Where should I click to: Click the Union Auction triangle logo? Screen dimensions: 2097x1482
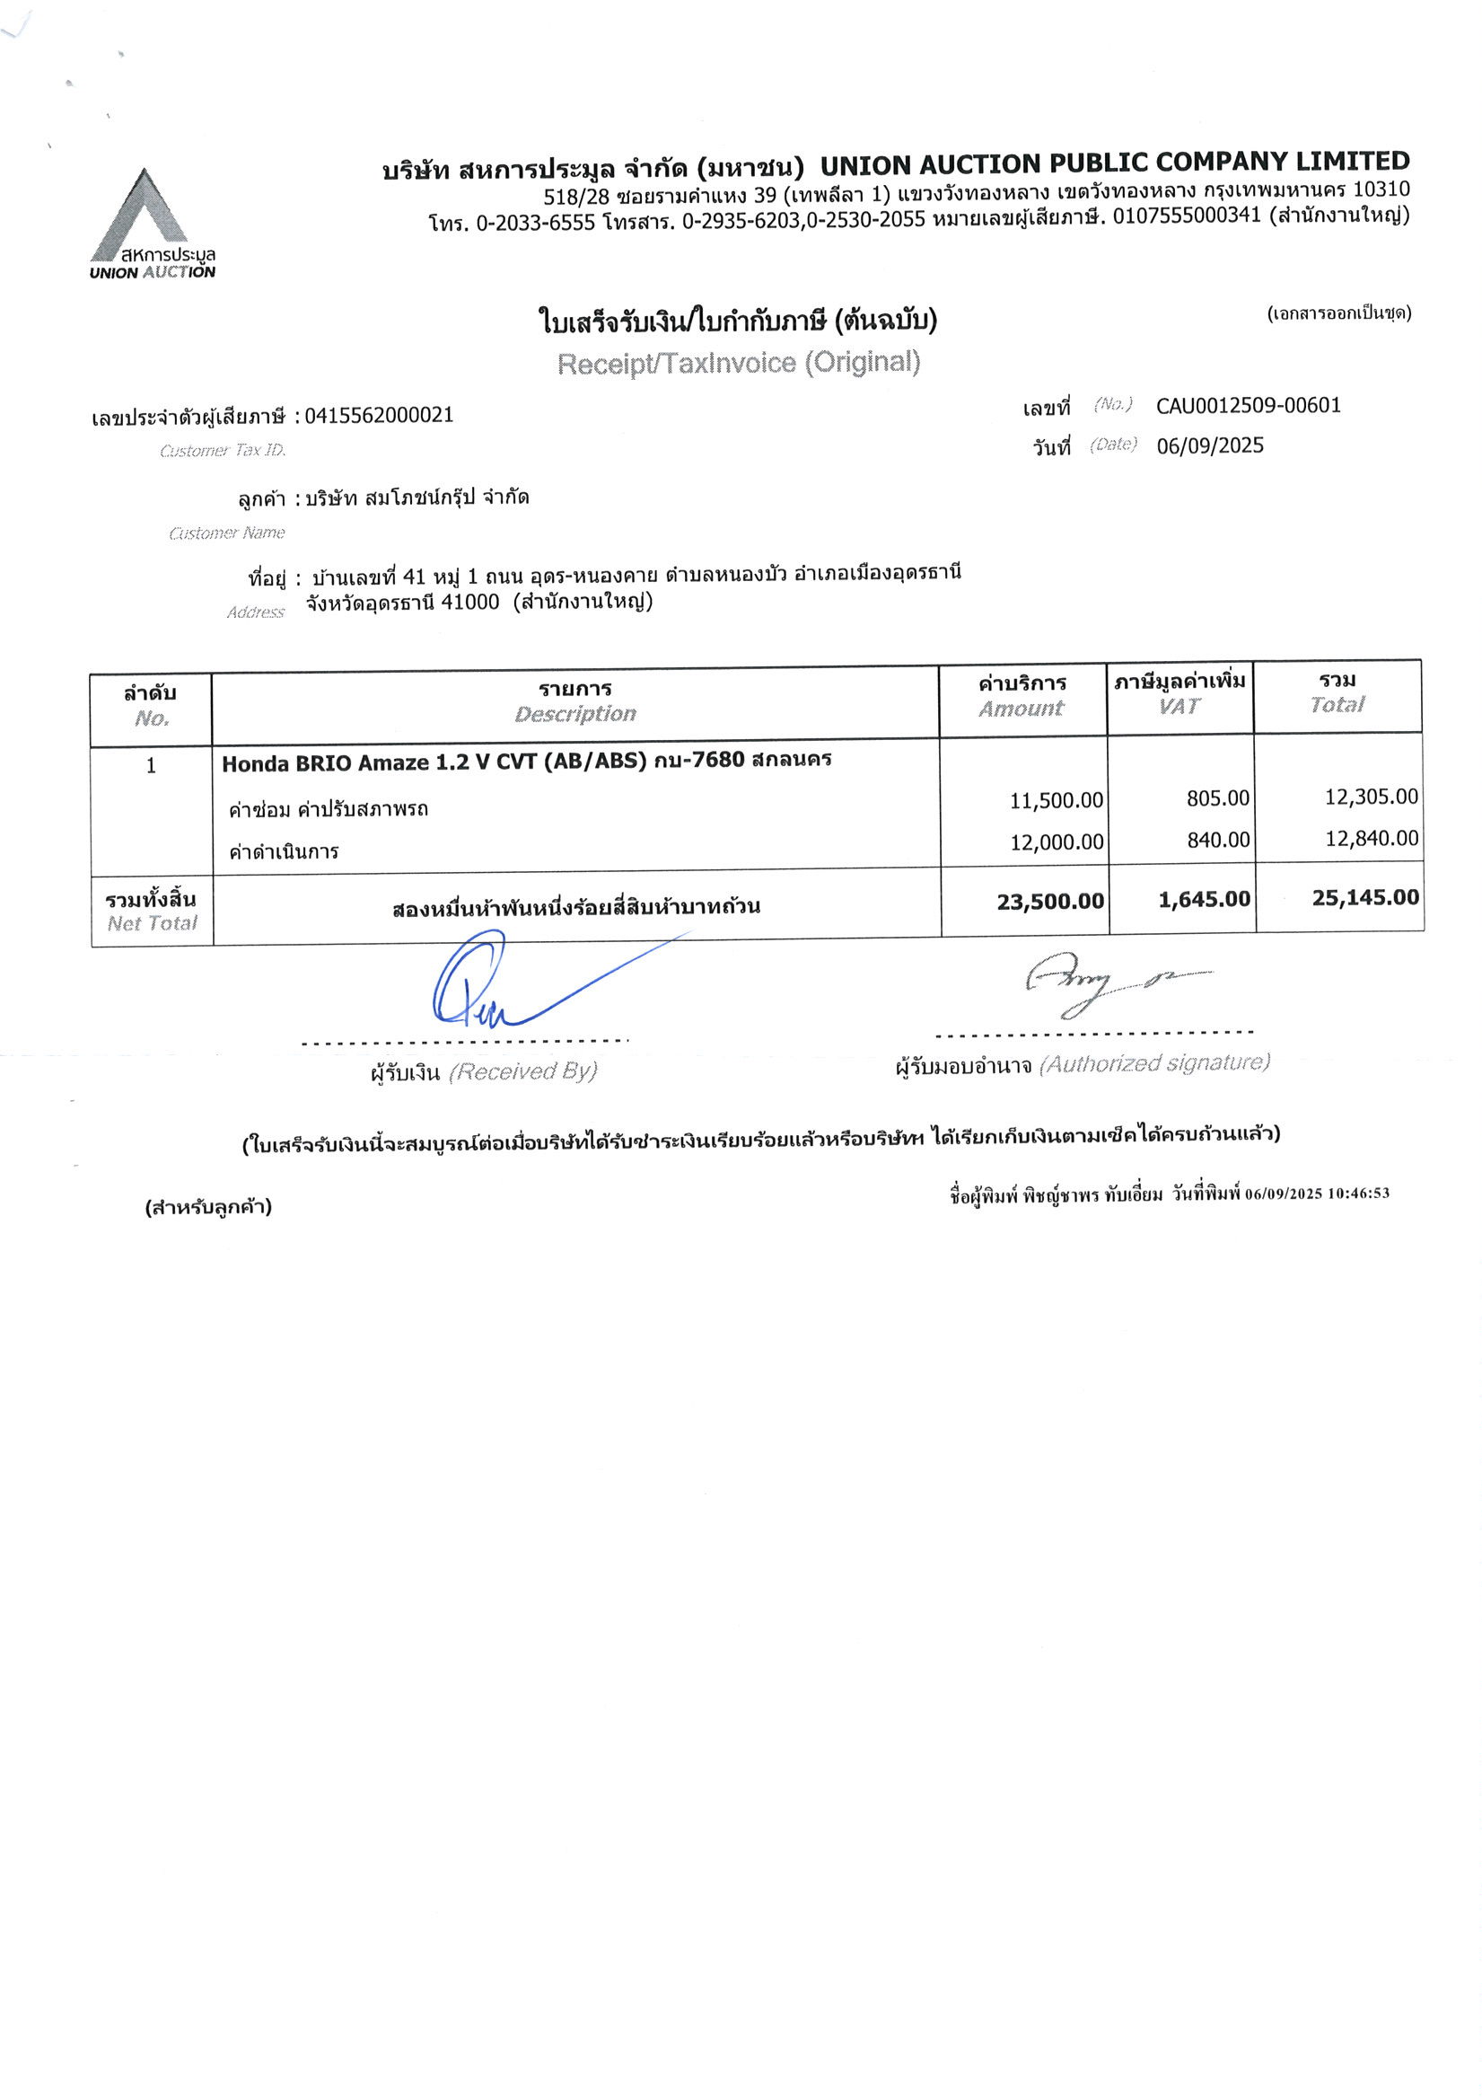point(143,215)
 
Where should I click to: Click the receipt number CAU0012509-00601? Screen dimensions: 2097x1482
point(1248,406)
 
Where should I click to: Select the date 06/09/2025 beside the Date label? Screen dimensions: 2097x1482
point(1209,445)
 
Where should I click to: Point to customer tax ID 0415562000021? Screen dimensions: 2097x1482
point(378,416)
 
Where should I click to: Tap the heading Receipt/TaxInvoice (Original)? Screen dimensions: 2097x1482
point(738,363)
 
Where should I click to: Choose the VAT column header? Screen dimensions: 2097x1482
point(1178,706)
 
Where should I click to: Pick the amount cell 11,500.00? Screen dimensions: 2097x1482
point(1056,801)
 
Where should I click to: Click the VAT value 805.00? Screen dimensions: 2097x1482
point(1217,798)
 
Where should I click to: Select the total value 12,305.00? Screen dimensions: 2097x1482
point(1371,797)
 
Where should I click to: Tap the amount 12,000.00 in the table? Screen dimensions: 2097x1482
point(1056,842)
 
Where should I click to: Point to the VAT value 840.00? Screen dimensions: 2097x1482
point(1217,840)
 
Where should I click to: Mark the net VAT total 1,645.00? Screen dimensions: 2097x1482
point(1204,900)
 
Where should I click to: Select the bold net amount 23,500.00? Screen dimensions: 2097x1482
point(1049,903)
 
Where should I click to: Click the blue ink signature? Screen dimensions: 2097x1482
point(493,982)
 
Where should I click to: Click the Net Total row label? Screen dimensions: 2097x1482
point(152,911)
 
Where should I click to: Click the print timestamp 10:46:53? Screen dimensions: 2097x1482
point(1358,1193)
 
